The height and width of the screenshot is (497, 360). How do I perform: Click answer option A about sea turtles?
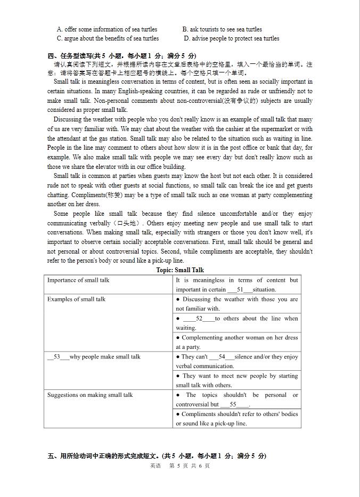click(x=107, y=29)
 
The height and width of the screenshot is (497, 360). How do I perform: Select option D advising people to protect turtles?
click(x=231, y=38)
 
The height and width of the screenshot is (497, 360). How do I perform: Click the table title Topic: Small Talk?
click(x=180, y=270)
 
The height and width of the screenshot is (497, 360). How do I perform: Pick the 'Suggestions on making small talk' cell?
click(x=90, y=395)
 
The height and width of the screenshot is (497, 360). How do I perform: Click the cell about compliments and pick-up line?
click(x=237, y=419)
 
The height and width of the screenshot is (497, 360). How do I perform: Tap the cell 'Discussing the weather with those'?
click(x=237, y=304)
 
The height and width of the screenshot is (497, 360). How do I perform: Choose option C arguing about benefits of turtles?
click(x=108, y=38)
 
